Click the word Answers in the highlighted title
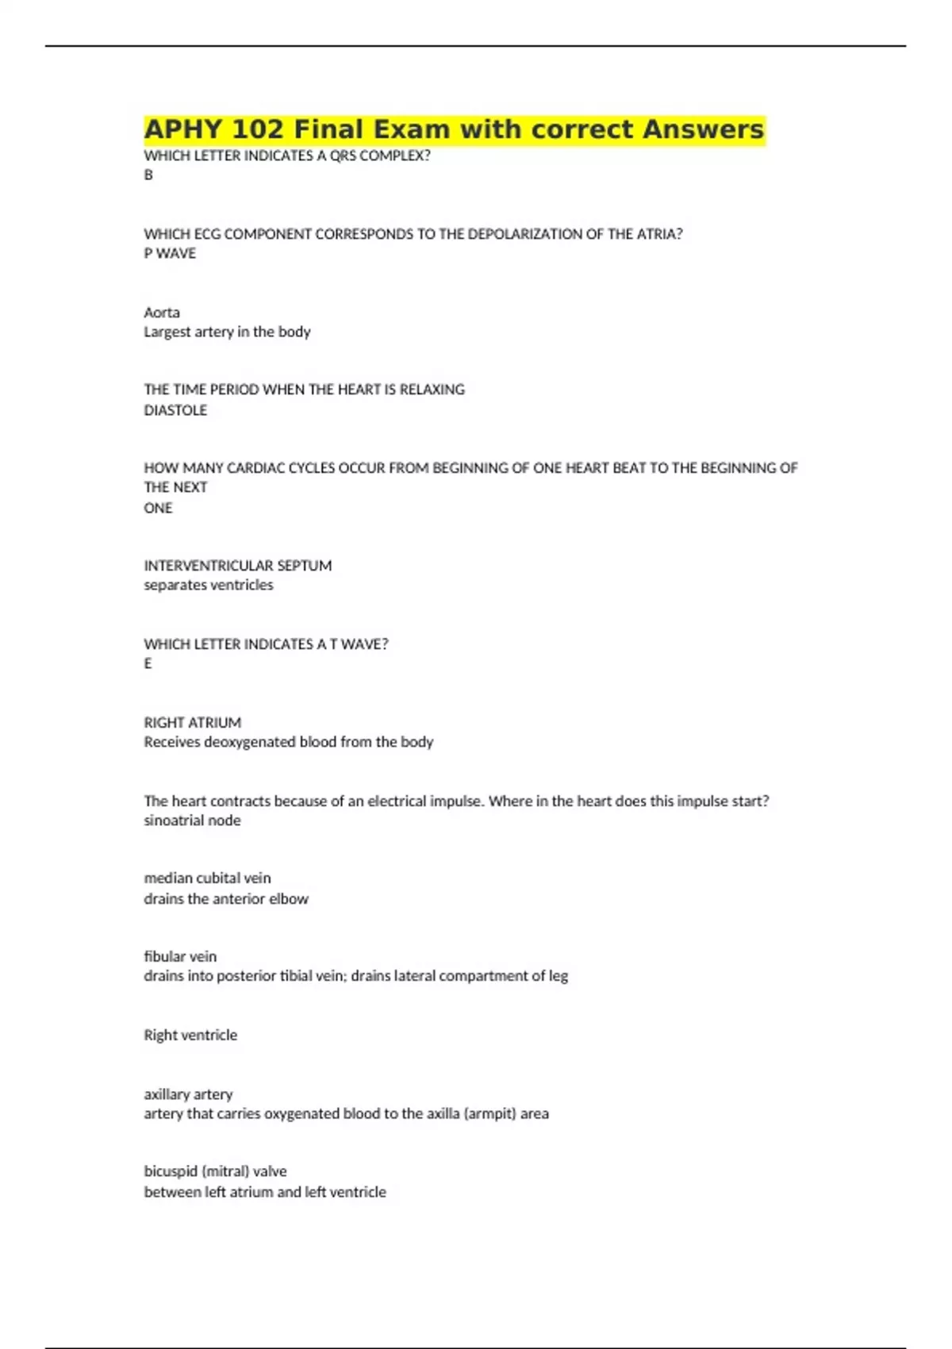point(703,129)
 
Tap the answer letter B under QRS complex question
point(148,175)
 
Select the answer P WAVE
point(170,254)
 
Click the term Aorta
point(162,313)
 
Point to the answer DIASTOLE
point(175,410)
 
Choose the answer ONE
point(158,508)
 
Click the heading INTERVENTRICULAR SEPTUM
point(238,566)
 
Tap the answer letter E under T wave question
point(148,663)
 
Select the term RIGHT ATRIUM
point(193,723)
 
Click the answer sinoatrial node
point(192,821)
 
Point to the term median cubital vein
point(207,878)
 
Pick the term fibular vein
point(180,957)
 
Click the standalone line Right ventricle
point(190,1036)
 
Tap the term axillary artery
point(188,1094)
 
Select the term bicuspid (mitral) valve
point(215,1171)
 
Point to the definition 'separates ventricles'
point(209,586)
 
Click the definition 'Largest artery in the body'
point(227,332)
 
